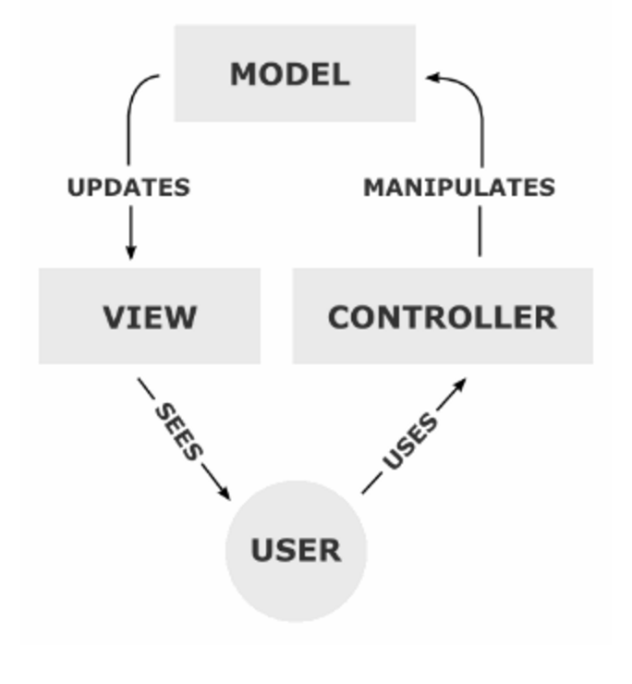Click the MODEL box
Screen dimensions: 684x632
point(295,73)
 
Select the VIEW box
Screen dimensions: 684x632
point(149,316)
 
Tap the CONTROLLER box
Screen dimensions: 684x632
point(442,316)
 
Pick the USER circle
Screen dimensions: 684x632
point(296,550)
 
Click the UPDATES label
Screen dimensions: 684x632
point(128,188)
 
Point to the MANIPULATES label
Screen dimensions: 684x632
point(459,188)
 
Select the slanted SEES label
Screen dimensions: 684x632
point(177,431)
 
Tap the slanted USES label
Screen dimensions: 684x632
point(410,442)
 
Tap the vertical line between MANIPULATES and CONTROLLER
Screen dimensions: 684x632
point(480,231)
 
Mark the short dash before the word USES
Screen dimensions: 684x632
point(371,483)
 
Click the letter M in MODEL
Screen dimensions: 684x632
point(242,74)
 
